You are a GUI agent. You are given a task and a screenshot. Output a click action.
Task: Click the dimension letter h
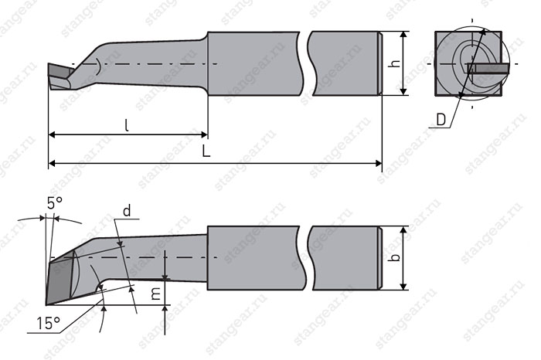396,63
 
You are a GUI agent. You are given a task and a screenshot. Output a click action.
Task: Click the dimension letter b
396,257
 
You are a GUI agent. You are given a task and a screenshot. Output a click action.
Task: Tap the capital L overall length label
206,151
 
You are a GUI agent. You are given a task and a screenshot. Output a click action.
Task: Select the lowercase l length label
127,125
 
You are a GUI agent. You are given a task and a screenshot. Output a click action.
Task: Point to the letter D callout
441,120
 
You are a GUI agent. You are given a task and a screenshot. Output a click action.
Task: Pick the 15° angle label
49,324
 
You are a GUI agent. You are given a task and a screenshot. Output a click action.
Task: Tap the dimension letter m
156,294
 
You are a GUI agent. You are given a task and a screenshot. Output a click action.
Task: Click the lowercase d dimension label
127,210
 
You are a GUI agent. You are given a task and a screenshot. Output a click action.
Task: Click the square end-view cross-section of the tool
468,63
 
